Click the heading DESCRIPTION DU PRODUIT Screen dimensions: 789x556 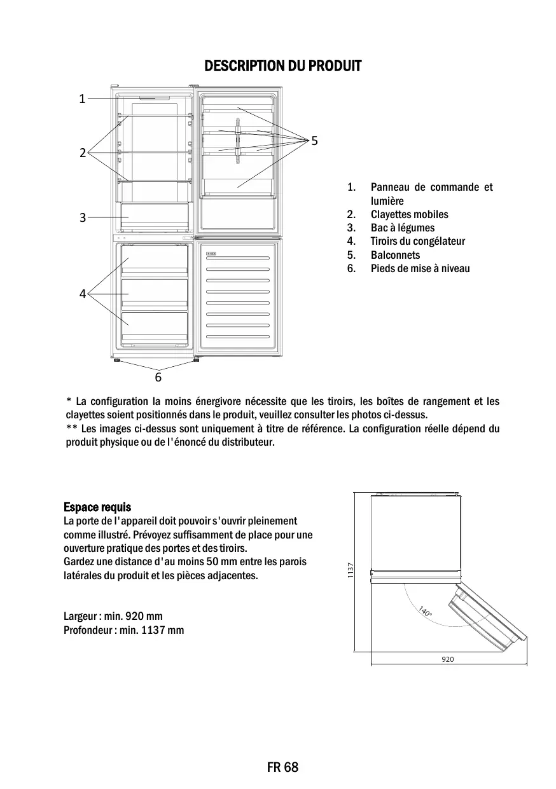282,66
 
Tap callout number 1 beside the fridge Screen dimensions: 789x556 82,99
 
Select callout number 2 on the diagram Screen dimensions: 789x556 82,153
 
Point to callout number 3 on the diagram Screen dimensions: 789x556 82,217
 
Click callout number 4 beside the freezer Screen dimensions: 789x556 82,294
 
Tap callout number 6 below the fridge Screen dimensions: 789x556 158,377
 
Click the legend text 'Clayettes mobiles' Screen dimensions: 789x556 409,214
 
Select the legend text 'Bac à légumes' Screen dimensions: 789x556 403,228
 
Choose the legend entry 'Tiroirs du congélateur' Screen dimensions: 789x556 417,241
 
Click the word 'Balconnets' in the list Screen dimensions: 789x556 395,255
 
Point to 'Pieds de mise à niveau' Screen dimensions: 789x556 420,268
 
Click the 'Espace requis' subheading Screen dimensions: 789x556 97,507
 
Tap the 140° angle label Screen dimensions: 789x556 425,612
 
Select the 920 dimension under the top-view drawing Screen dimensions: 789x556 448,659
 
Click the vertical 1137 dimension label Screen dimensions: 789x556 351,571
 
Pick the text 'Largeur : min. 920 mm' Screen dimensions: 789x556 113,616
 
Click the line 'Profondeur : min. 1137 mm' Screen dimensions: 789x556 124,630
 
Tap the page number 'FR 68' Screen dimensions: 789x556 282,767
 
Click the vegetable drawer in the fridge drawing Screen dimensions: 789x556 155,217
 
